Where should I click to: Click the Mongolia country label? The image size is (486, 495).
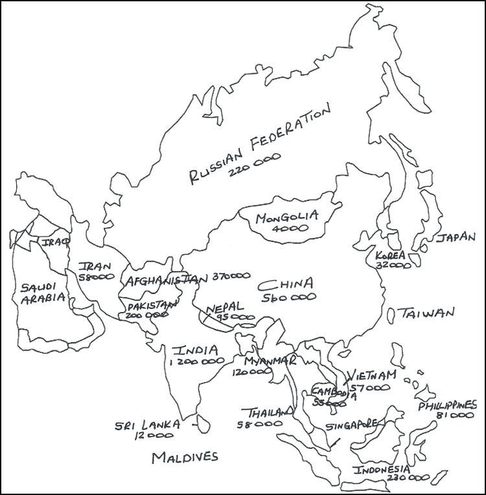tap(286, 217)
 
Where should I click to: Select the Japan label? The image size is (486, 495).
tap(456, 237)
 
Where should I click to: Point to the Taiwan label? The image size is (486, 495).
tap(427, 314)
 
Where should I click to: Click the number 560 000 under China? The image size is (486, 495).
tap(290, 297)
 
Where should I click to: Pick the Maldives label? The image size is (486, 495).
tap(185, 457)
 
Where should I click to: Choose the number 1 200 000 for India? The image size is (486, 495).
tap(196, 364)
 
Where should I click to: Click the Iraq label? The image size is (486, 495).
tap(52, 242)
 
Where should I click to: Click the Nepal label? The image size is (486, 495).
tap(225, 307)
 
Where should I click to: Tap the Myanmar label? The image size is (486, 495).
tap(270, 361)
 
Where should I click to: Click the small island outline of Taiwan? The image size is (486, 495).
tap(391, 315)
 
